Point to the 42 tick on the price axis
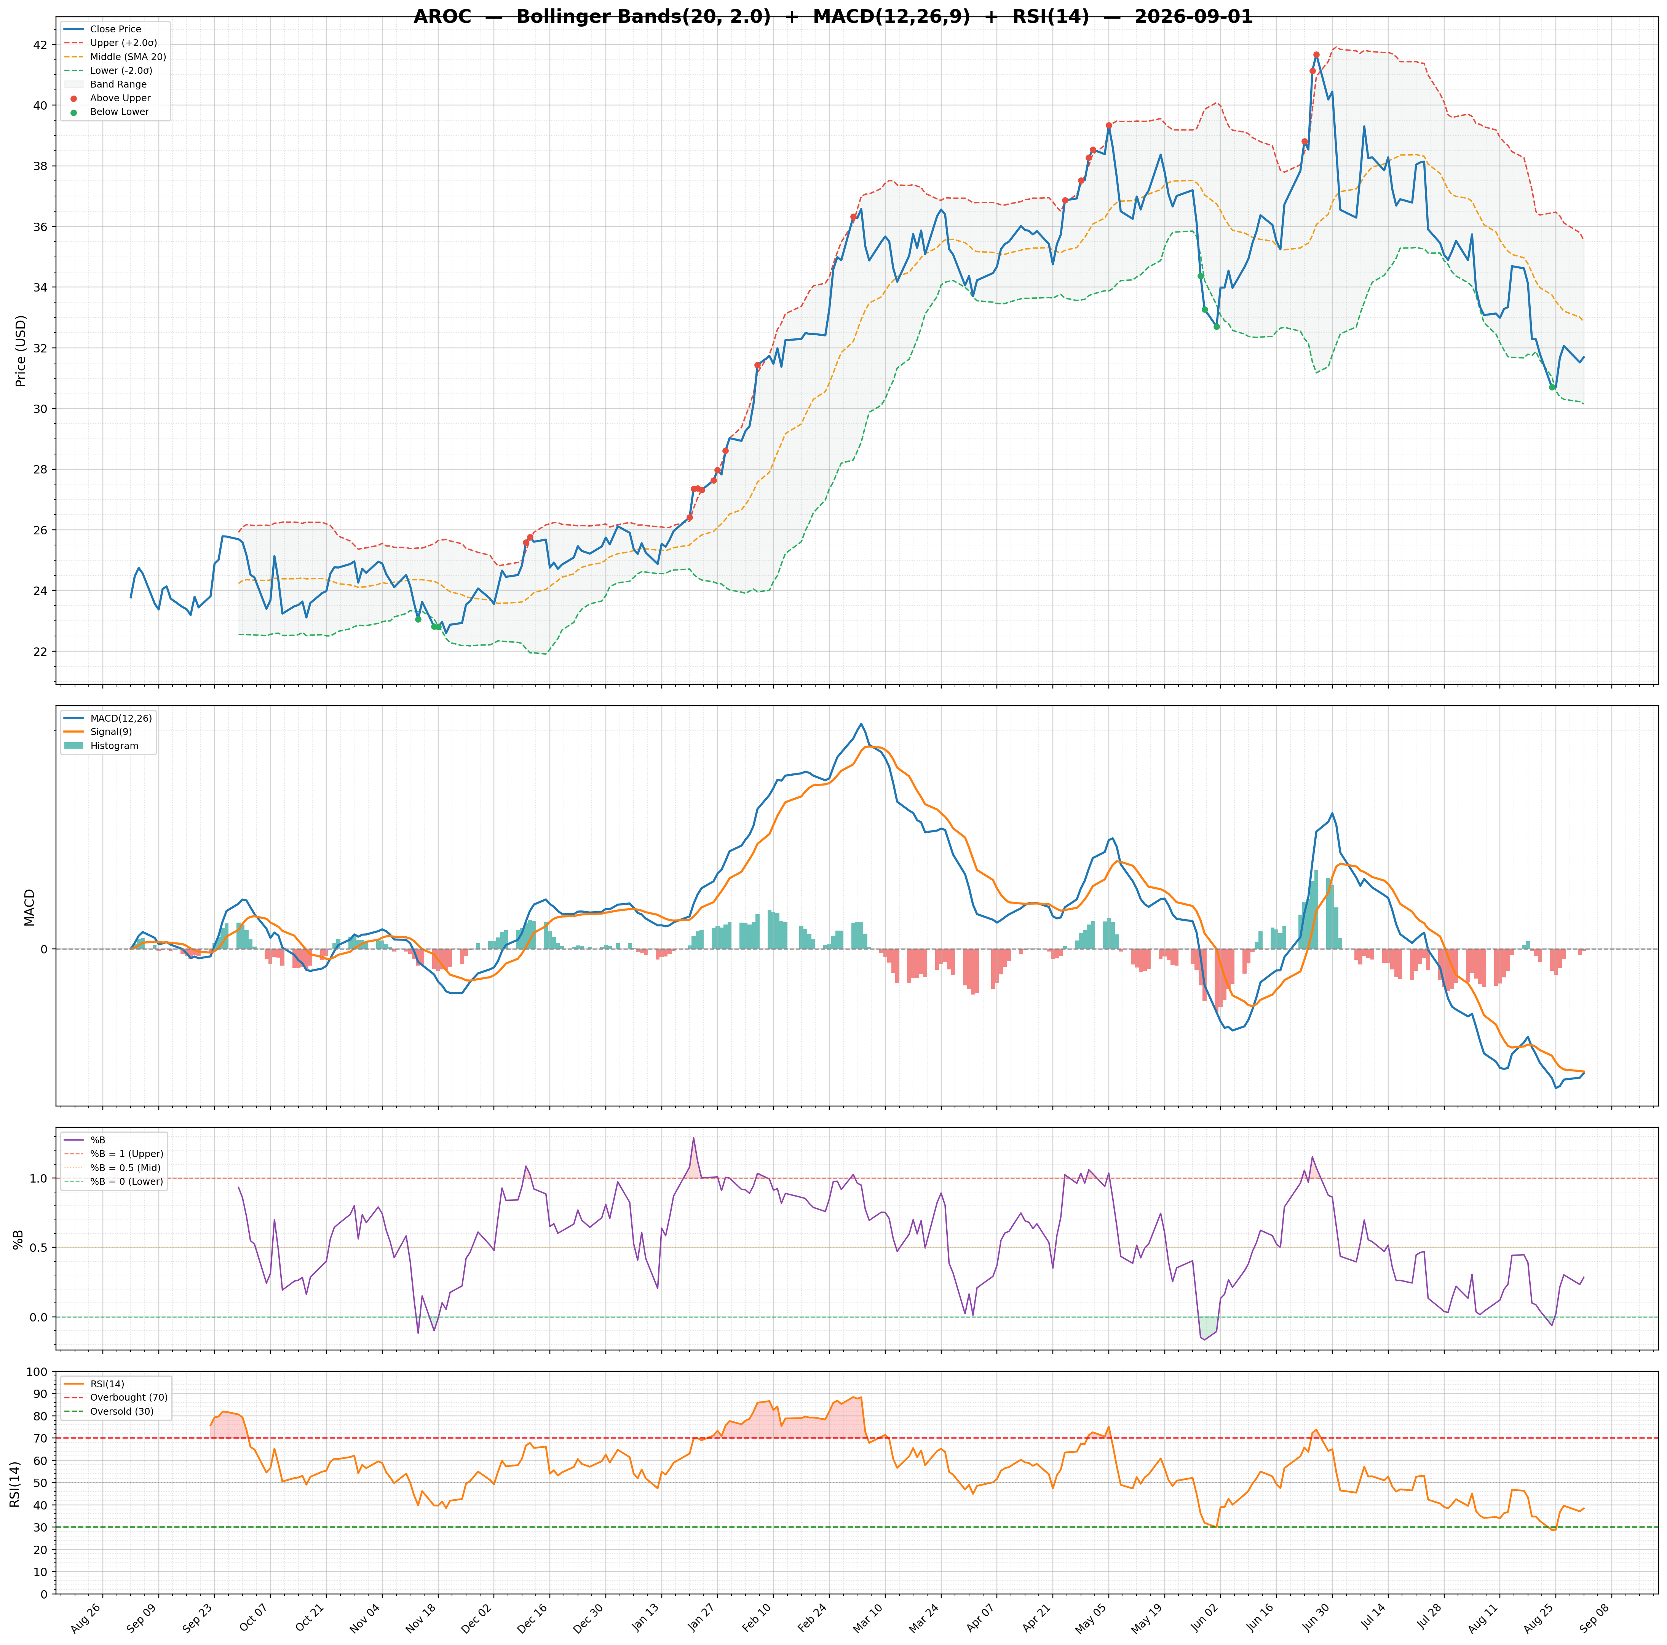(x=43, y=45)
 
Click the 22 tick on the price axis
(x=43, y=651)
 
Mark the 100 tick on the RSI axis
(x=38, y=1372)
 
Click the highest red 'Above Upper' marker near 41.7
(x=1316, y=54)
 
